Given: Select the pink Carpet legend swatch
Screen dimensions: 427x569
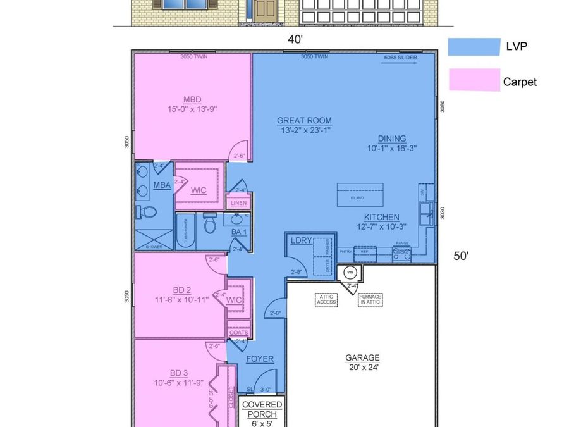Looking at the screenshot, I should pos(474,80).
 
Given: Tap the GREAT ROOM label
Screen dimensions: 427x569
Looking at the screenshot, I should pos(304,121).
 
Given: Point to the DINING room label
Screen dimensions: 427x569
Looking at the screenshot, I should pos(392,139).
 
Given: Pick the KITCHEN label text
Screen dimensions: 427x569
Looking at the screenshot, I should pos(381,217).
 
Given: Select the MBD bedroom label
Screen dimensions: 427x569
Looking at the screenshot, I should pos(192,100).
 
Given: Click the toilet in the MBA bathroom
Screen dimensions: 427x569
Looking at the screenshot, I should pos(144,212).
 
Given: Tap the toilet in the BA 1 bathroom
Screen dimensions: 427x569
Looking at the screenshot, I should pos(211,222).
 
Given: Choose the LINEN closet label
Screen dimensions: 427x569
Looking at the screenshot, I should pos(238,203).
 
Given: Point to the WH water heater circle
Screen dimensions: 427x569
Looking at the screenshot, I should pos(350,273).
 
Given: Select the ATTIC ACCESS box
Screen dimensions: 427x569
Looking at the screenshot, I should pos(326,299).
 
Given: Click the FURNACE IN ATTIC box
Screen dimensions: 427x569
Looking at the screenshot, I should pos(370,299).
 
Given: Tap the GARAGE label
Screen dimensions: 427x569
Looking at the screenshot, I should pos(362,357).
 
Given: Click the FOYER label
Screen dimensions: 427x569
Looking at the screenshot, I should pos(260,359).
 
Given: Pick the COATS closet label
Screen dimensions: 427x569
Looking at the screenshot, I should pos(238,332).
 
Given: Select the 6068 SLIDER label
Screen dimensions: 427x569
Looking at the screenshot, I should pos(400,58).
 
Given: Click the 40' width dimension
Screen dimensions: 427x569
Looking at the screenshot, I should pos(295,39).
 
